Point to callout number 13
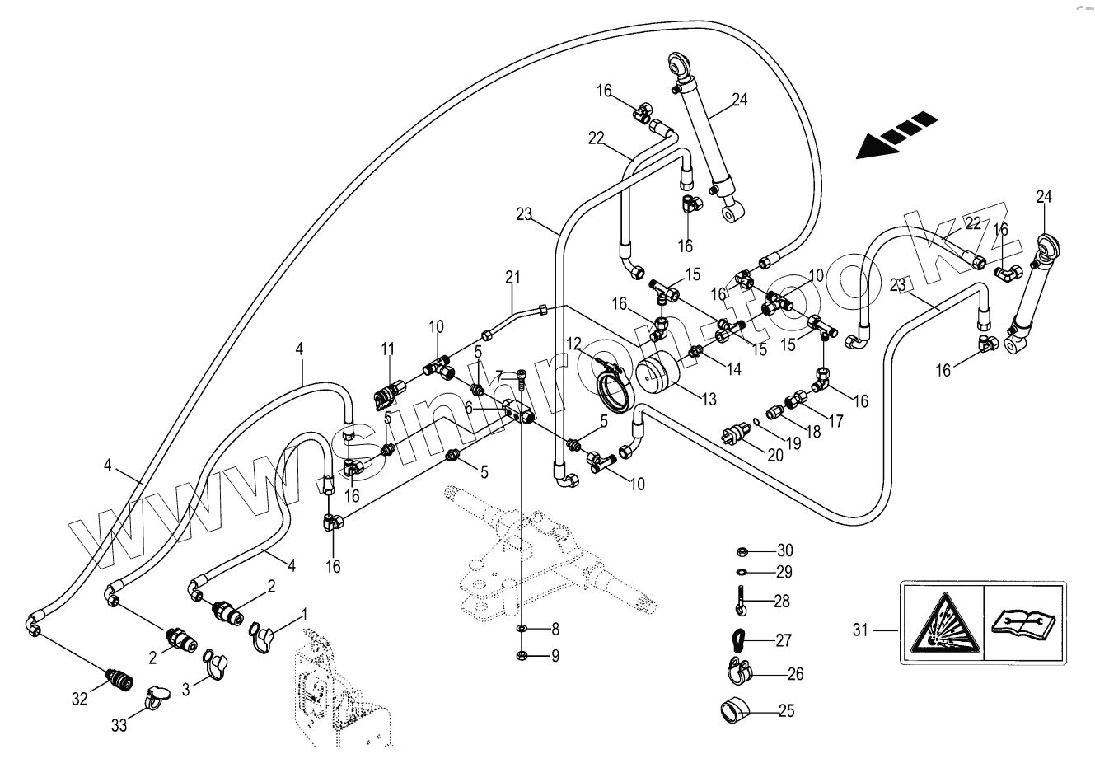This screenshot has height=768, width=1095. (708, 400)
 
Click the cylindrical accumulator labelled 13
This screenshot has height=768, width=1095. (662, 375)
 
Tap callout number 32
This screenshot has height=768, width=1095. (79, 700)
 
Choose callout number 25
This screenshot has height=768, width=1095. (786, 710)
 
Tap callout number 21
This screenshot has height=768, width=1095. (512, 278)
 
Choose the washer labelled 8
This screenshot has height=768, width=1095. (522, 630)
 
